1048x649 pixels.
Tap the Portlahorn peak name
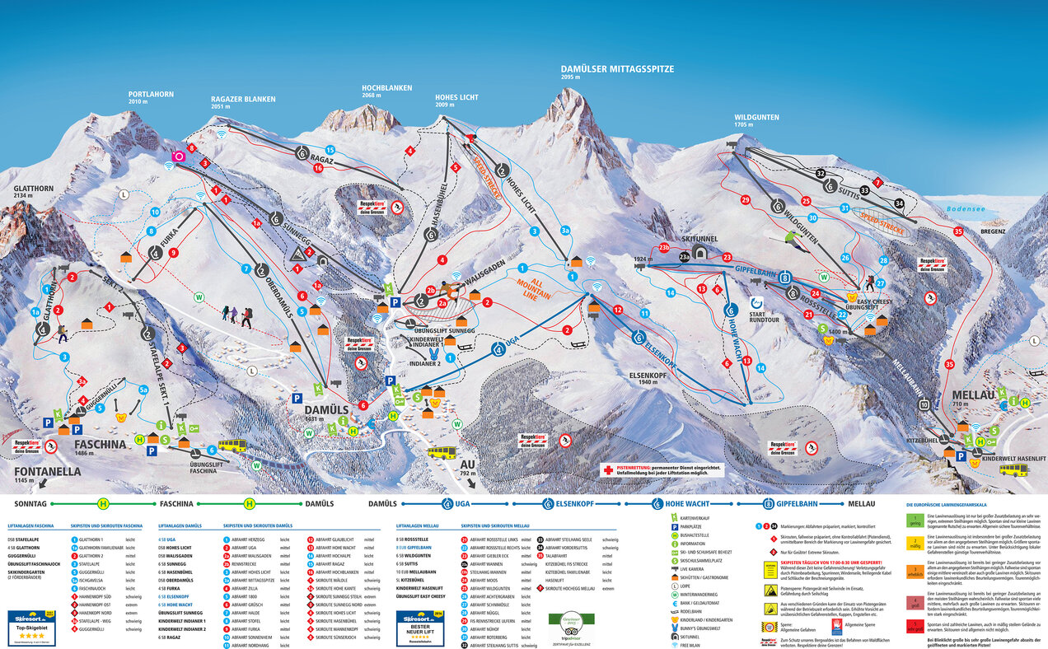151,95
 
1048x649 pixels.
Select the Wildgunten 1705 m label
756,118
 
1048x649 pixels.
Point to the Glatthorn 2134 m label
33,189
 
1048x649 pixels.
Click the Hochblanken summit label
386,87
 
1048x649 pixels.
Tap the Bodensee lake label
966,209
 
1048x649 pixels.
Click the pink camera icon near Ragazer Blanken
177,156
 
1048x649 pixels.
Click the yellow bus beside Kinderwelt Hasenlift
1013,469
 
